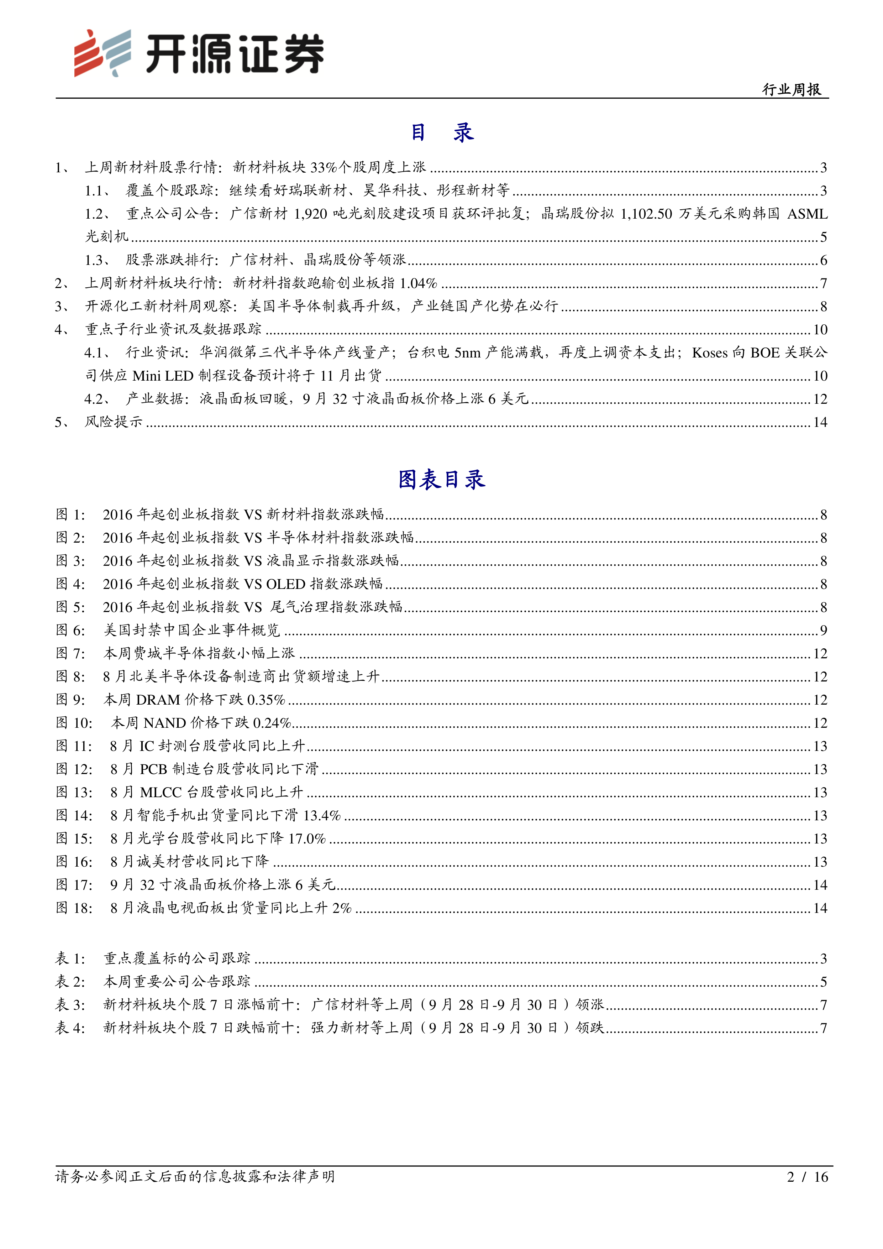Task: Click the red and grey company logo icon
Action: (102, 53)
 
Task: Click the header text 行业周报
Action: (791, 89)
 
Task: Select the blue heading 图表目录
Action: (441, 480)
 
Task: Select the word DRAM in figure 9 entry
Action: (158, 700)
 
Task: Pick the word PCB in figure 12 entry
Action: (153, 769)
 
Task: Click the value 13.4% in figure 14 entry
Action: (322, 815)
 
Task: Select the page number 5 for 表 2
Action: (823, 982)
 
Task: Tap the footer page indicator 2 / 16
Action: (807, 1177)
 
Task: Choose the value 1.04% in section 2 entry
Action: (418, 283)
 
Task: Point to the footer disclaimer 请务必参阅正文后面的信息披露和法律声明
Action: (195, 1177)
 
